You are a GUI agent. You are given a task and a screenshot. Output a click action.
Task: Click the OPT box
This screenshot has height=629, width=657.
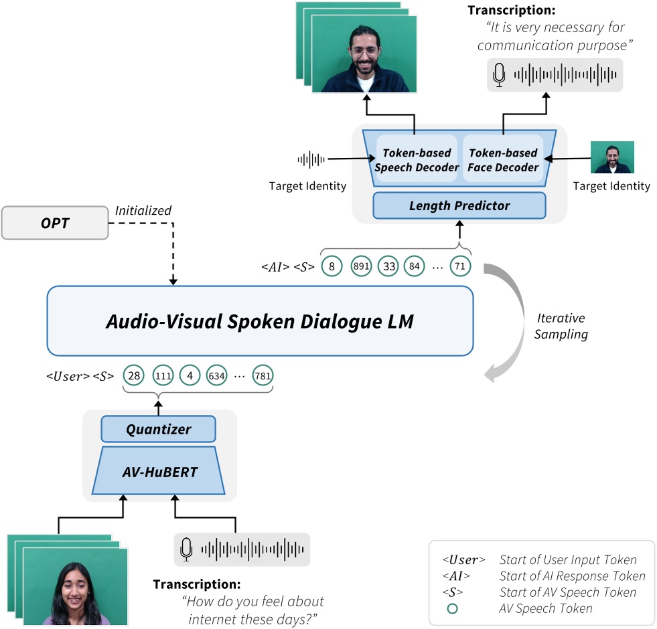point(56,223)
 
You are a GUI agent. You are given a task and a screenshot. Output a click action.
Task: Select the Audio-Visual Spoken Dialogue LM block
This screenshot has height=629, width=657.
point(260,321)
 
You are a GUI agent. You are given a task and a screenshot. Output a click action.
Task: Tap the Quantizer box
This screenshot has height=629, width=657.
point(159,429)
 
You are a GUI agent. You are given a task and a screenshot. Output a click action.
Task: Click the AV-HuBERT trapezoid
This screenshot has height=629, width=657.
point(159,472)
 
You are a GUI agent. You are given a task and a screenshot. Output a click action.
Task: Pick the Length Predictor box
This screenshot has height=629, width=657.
point(459,205)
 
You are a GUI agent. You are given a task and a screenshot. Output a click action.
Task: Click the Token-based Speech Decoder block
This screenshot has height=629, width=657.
point(417,161)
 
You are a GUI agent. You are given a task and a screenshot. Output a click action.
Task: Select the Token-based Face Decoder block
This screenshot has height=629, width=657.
point(503,161)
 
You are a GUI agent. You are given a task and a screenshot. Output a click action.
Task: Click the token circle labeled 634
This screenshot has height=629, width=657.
point(217,375)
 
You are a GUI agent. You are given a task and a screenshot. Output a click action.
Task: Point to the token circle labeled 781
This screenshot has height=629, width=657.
point(263,375)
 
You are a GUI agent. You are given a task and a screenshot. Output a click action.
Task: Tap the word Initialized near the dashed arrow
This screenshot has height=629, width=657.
point(143,211)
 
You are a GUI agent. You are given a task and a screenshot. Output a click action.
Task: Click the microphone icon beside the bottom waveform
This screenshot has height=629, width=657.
point(186,549)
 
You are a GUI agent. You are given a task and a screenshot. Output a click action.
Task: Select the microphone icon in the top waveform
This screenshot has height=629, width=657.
point(498,75)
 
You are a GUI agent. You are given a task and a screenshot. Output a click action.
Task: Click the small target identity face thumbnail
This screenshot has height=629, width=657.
point(612,157)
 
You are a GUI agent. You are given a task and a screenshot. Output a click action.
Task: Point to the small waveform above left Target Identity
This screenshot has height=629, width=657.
point(311,159)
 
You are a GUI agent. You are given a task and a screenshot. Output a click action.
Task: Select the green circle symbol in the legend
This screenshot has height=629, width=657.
point(452,608)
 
